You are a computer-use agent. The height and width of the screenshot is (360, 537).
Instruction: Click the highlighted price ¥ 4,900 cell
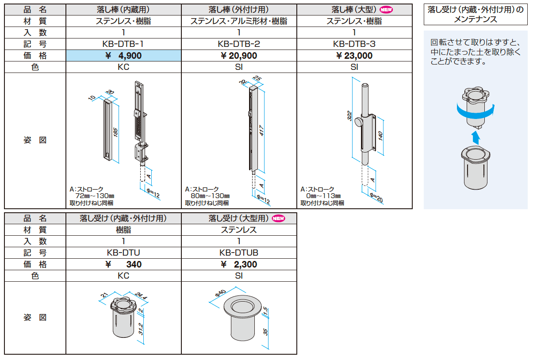(x=123, y=56)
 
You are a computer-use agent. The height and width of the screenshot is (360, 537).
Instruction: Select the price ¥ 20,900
(x=239, y=56)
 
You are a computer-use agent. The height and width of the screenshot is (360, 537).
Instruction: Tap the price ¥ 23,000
(x=354, y=56)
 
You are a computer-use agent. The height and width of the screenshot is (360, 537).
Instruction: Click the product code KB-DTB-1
(x=123, y=44)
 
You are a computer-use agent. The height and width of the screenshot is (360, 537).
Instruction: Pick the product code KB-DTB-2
(x=239, y=44)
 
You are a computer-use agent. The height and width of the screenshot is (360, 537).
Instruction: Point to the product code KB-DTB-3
(x=354, y=44)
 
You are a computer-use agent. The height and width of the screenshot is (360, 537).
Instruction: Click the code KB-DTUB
(x=239, y=253)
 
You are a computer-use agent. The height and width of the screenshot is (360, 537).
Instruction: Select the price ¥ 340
(x=124, y=264)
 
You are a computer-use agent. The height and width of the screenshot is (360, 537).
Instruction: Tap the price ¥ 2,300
(x=239, y=264)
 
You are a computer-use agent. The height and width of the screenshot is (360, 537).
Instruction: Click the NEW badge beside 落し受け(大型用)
(x=279, y=218)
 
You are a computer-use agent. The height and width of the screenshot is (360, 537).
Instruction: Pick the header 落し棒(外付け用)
(x=239, y=9)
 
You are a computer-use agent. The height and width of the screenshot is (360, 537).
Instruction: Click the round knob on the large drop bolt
(x=358, y=123)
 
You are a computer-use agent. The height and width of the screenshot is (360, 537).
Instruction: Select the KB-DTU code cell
(x=123, y=253)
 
